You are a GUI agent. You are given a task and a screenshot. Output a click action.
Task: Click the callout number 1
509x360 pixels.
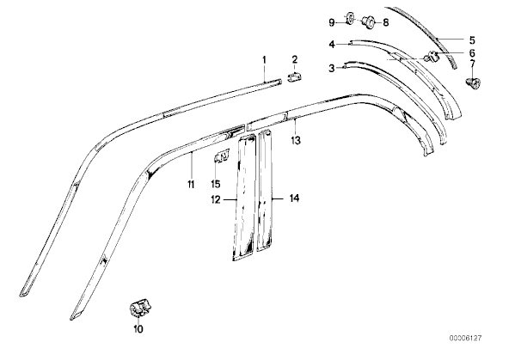tap(264, 60)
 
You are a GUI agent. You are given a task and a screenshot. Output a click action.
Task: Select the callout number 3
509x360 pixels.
tap(331, 69)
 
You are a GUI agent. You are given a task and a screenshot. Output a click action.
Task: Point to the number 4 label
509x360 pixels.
tap(331, 44)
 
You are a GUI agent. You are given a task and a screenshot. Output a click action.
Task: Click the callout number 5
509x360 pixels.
tap(472, 40)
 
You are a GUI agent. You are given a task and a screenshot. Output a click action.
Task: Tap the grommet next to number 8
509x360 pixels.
tap(369, 21)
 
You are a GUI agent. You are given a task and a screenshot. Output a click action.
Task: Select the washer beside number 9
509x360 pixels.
tap(350, 19)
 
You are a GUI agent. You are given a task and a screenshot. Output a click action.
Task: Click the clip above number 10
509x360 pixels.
tap(140, 308)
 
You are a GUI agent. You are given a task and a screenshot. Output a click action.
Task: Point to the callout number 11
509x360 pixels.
tap(191, 184)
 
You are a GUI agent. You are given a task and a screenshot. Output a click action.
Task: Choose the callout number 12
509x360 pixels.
tap(216, 199)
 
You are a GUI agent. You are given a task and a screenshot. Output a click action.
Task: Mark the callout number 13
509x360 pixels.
tap(296, 140)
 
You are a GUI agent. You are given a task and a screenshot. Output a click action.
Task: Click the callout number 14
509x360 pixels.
tap(294, 198)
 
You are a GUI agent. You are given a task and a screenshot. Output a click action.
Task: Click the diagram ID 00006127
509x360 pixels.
tap(465, 339)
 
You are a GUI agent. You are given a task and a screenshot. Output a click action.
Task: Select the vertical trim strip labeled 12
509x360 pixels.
tap(244, 198)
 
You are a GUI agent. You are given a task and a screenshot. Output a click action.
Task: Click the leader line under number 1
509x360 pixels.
tap(264, 74)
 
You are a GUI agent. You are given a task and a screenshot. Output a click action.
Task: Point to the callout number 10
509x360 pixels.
tap(138, 329)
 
